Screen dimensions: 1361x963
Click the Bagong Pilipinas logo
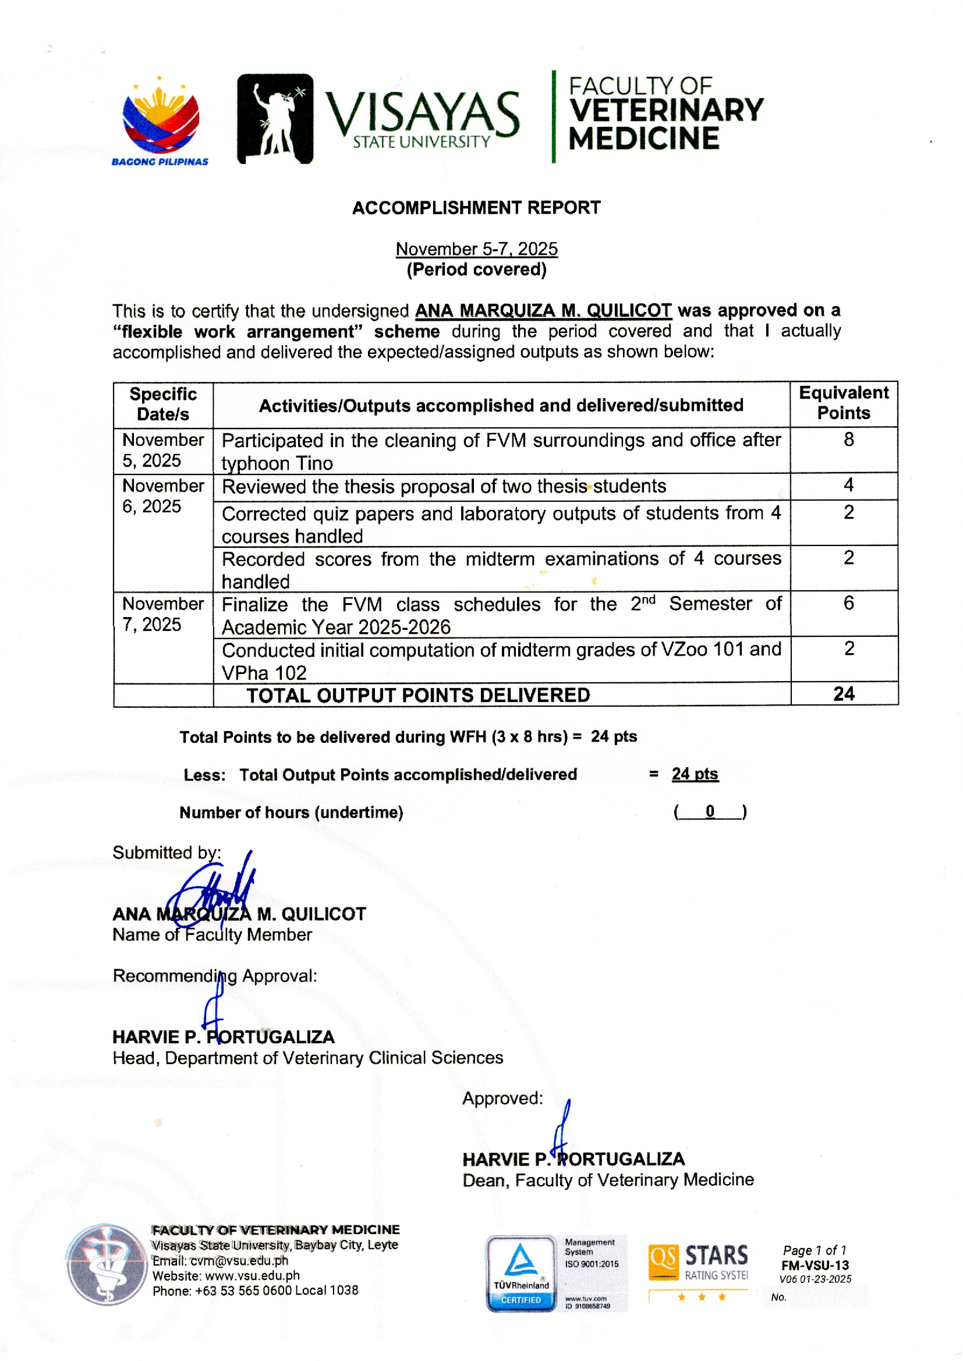click(160, 122)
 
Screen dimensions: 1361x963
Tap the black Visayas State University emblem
click(275, 119)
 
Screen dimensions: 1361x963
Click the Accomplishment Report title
click(476, 208)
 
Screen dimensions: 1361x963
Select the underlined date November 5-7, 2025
click(476, 249)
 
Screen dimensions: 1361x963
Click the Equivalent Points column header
click(843, 403)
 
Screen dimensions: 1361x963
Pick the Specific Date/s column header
click(163, 404)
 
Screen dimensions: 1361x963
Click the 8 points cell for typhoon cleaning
click(848, 440)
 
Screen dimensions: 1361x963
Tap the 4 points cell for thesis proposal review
click(848, 485)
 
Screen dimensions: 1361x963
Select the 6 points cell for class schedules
click(848, 604)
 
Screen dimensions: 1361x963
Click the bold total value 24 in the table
click(843, 694)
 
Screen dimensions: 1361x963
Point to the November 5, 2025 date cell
click(162, 451)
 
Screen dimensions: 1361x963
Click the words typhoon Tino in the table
click(277, 463)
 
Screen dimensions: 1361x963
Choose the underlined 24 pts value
click(695, 774)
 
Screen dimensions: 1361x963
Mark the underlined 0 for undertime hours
click(710, 811)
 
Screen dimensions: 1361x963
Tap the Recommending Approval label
click(215, 976)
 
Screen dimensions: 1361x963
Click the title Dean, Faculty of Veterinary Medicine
click(608, 1180)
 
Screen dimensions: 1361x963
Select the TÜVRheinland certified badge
click(521, 1273)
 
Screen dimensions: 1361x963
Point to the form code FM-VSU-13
click(815, 1266)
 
